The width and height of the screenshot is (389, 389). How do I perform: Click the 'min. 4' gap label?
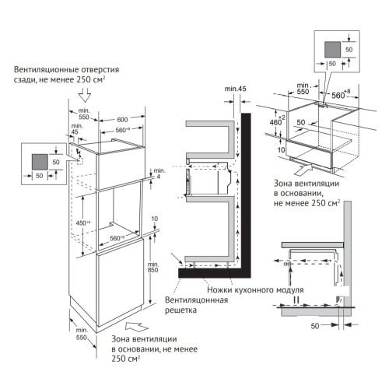[159, 176]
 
